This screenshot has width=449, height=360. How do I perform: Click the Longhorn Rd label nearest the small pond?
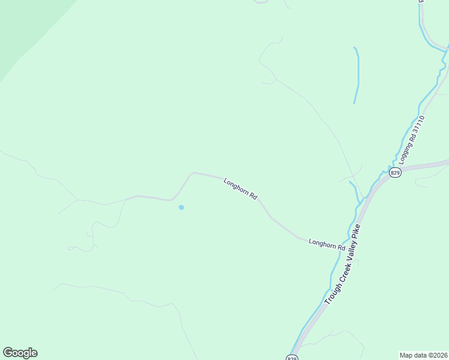(x=240, y=188)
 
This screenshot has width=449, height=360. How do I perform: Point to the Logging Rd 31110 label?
(x=412, y=140)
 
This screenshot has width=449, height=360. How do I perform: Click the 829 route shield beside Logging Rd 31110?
(x=394, y=173)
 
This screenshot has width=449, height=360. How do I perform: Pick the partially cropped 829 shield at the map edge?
(x=292, y=358)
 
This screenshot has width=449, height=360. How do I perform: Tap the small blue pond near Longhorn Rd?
(x=181, y=208)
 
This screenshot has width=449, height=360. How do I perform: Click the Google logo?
(x=20, y=353)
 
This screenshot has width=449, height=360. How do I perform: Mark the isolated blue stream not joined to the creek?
(x=357, y=75)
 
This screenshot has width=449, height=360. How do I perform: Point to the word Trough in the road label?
(x=330, y=294)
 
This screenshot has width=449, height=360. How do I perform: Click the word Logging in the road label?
(x=404, y=154)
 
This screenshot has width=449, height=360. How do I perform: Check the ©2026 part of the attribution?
(x=437, y=355)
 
